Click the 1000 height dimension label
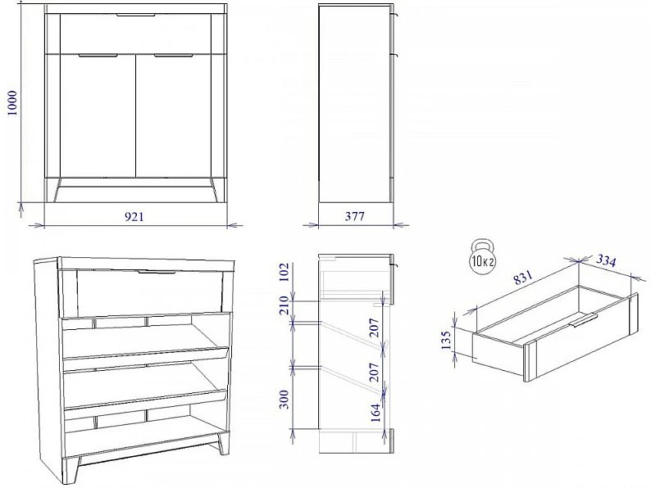[x=13, y=103]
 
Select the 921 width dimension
[x=134, y=216]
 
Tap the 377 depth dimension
[x=354, y=216]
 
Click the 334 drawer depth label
[x=606, y=260]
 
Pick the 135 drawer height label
[x=446, y=340]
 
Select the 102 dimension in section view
[x=284, y=272]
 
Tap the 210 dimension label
[x=284, y=305]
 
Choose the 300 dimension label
[x=284, y=400]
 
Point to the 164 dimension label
[x=376, y=412]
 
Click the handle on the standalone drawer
[x=585, y=319]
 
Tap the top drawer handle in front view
[x=135, y=15]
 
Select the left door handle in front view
[x=98, y=55]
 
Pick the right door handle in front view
[x=174, y=55]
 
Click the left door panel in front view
[x=98, y=116]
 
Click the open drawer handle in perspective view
[x=157, y=273]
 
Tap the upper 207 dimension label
[x=374, y=328]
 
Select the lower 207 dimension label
[x=374, y=372]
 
